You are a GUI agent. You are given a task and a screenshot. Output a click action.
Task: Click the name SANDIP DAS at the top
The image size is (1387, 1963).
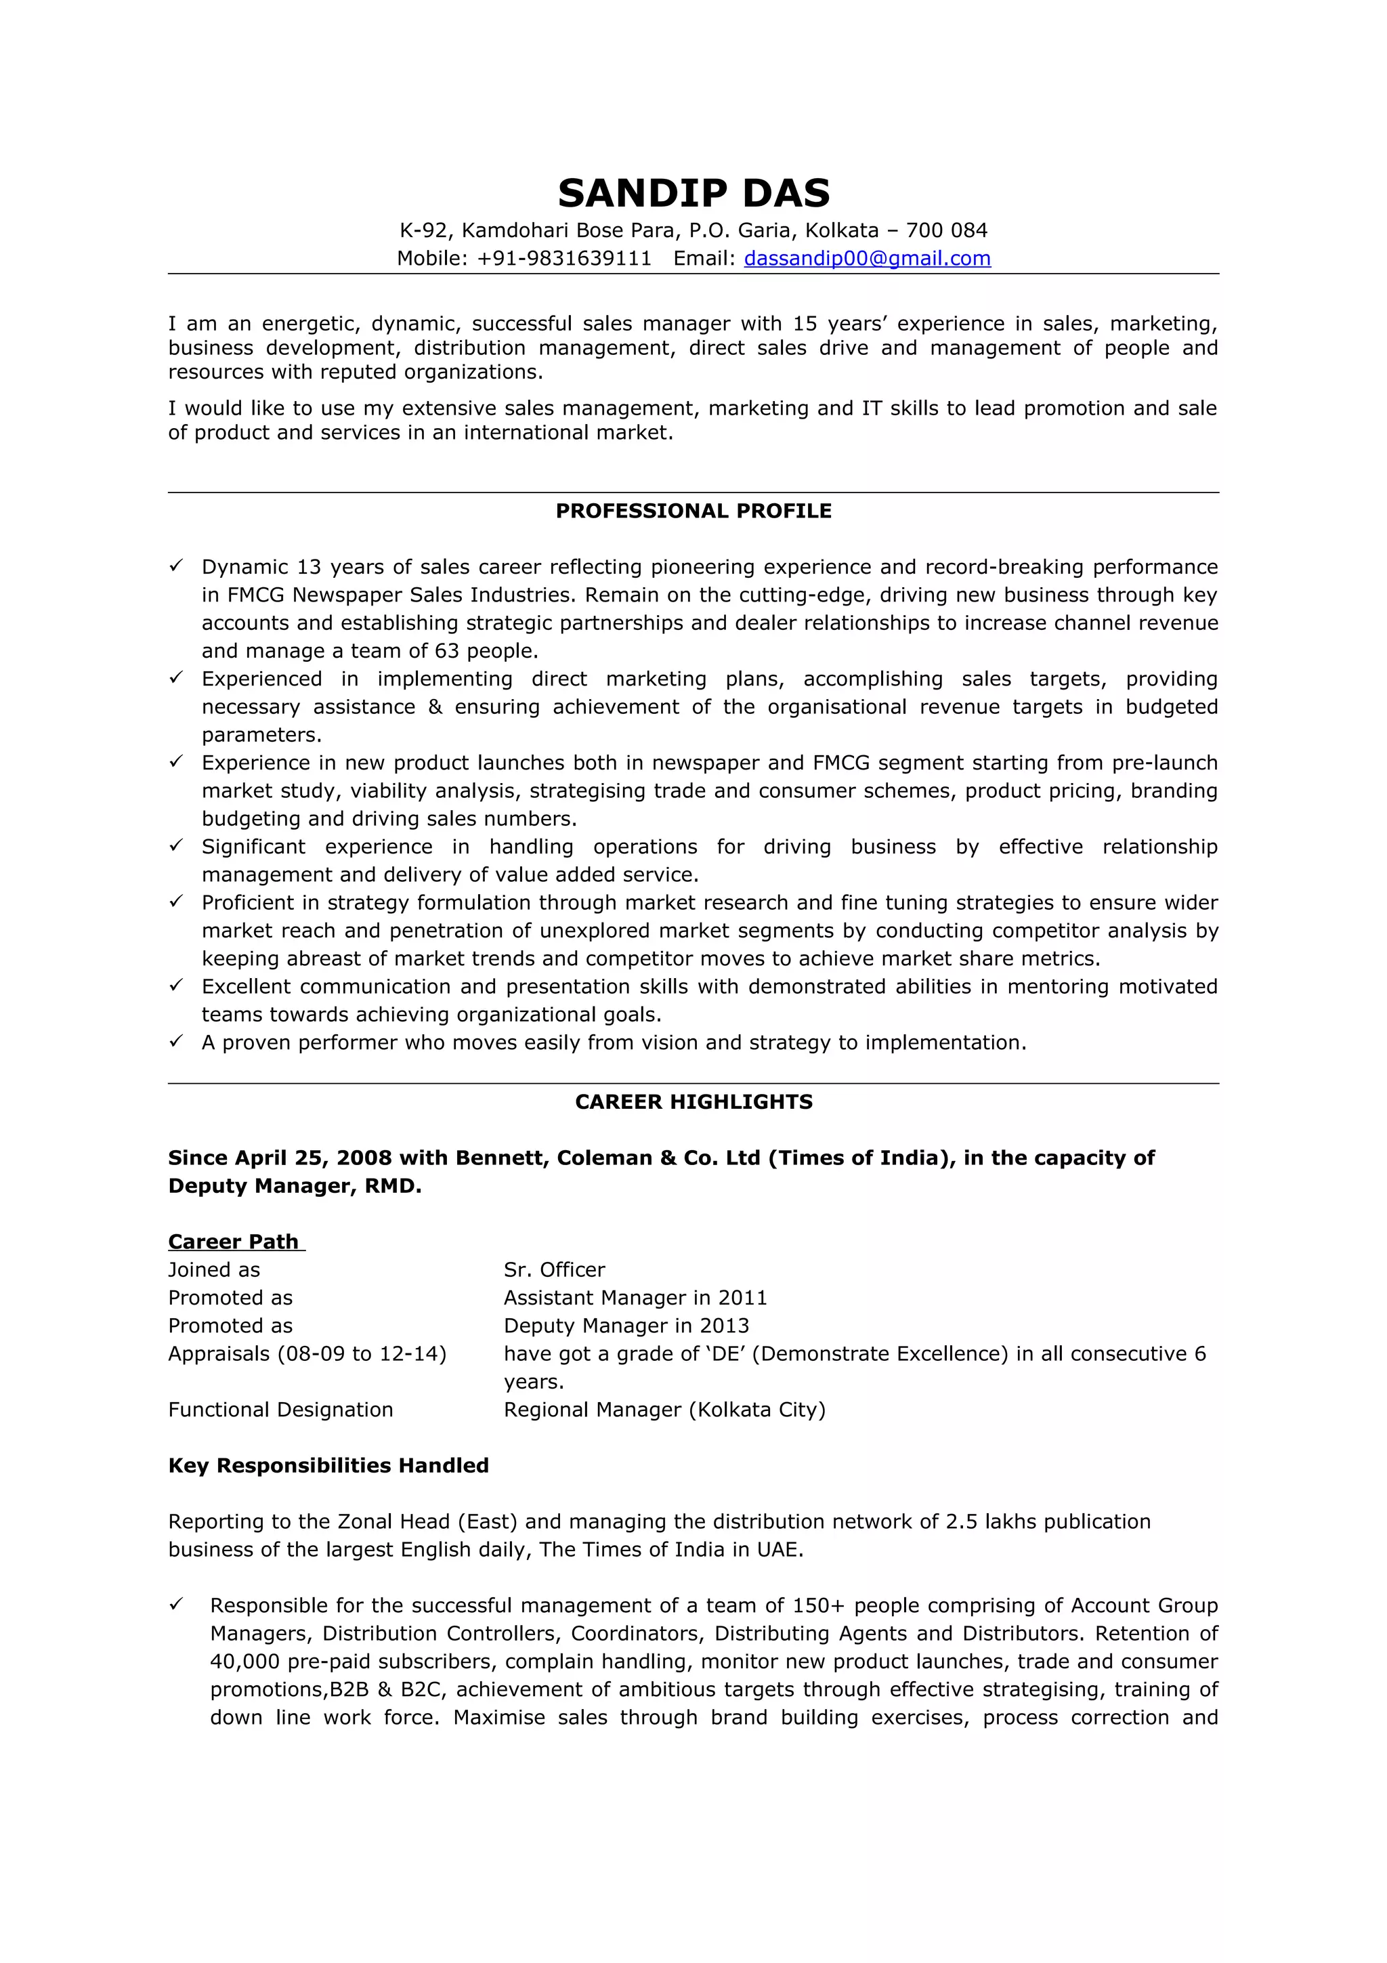693,193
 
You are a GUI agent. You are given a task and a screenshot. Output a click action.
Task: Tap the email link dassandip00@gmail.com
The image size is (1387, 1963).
867,258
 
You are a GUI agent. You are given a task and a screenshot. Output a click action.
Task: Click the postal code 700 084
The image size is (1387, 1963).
946,230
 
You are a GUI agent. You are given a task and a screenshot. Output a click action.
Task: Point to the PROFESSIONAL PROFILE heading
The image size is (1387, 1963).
693,511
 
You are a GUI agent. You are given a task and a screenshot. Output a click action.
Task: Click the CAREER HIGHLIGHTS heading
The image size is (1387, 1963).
693,1101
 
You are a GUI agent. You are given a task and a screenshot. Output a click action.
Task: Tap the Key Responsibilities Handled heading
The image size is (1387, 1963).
328,1465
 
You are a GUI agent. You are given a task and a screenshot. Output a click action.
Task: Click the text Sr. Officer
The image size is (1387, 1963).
554,1269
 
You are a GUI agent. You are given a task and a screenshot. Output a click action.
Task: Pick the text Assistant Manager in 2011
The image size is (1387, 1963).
635,1298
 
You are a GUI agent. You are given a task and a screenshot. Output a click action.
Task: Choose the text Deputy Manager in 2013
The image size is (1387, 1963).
626,1326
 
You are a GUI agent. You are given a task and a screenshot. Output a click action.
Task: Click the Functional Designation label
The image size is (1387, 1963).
280,1410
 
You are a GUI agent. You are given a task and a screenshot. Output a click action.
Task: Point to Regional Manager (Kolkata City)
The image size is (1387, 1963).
664,1410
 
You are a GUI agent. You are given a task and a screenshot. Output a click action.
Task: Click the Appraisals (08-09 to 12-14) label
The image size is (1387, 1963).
307,1353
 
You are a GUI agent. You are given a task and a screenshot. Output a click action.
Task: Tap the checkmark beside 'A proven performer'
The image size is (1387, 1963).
176,1040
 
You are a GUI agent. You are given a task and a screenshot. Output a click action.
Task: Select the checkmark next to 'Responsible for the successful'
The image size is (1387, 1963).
176,1604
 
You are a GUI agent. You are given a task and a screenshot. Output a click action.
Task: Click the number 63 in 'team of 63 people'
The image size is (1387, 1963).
447,651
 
